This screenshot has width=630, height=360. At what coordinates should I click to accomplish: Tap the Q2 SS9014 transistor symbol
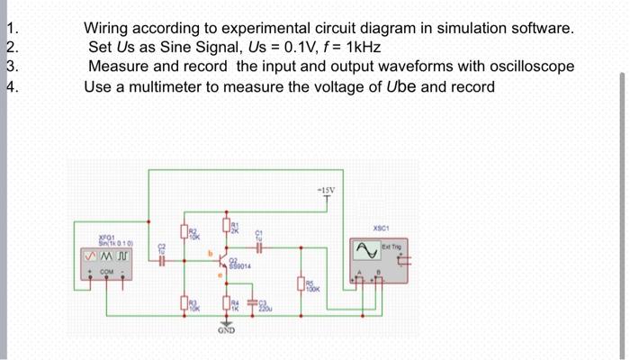point(227,262)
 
